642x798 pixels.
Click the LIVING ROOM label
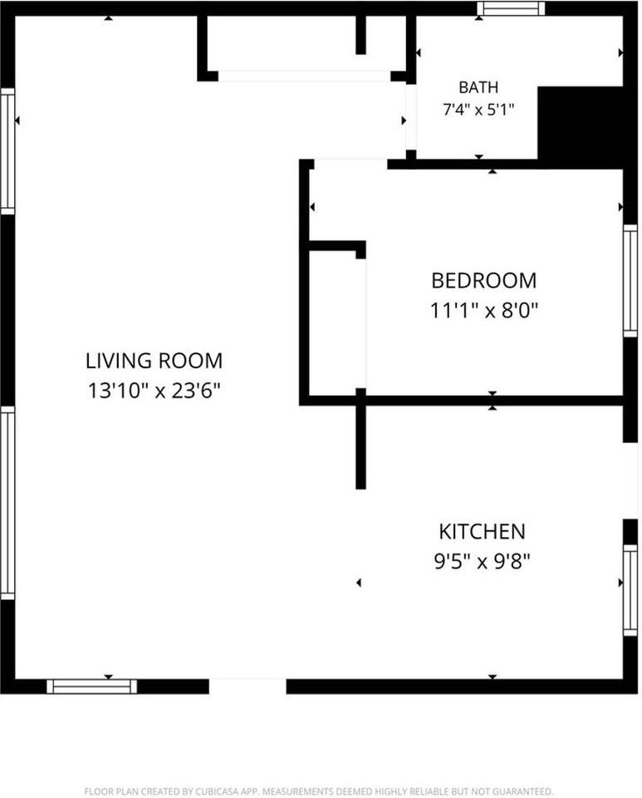(x=154, y=361)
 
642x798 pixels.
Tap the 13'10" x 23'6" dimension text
(x=154, y=391)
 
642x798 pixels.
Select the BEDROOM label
(x=484, y=280)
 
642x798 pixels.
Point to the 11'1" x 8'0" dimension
(x=484, y=310)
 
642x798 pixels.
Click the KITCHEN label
(x=482, y=531)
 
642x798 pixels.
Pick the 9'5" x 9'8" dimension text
(x=482, y=561)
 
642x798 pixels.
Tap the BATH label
(x=478, y=87)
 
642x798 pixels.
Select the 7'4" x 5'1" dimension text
(x=478, y=110)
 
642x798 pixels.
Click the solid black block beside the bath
(x=581, y=127)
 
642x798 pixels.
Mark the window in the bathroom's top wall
(x=511, y=8)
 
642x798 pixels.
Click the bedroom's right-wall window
(x=630, y=280)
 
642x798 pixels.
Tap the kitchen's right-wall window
(x=630, y=590)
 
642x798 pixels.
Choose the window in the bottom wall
(x=92, y=687)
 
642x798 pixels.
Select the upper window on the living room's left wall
(x=7, y=151)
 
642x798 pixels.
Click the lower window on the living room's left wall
(x=7, y=503)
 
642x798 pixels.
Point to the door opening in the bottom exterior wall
(x=247, y=687)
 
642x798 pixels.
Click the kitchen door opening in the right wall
(x=630, y=481)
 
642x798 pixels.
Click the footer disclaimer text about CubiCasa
(x=318, y=791)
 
